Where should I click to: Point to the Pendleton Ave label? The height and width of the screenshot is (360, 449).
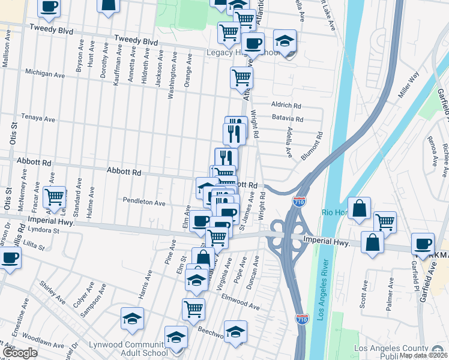tap(144, 203)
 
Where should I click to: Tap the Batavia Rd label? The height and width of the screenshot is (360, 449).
tap(287, 119)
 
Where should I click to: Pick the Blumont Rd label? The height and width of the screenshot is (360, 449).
tap(312, 146)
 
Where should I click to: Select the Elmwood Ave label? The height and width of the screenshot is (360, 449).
tap(240, 302)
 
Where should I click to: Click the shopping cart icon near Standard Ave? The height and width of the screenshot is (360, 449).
tap(54, 196)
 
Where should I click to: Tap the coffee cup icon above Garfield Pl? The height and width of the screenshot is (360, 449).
tap(423, 243)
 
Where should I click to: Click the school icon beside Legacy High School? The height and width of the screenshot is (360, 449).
tap(285, 40)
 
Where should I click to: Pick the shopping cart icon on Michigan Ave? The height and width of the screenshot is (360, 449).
tap(241, 76)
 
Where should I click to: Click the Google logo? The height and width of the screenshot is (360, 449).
tap(20, 353)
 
